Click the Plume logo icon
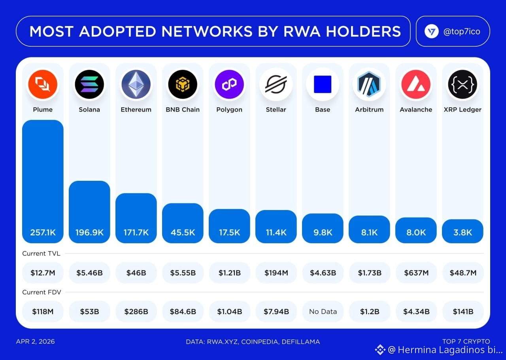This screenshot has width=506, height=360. pyautogui.click(x=43, y=84)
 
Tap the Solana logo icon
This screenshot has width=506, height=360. pyautogui.click(x=89, y=84)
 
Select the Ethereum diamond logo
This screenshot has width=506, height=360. pyautogui.click(x=136, y=84)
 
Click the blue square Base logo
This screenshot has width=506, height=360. pyautogui.click(x=323, y=84)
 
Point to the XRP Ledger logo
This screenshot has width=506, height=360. pyautogui.click(x=463, y=84)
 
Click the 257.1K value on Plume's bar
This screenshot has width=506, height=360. pyautogui.click(x=43, y=233)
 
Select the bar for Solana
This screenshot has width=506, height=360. pyautogui.click(x=89, y=212)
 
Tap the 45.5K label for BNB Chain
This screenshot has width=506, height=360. pyautogui.click(x=183, y=233)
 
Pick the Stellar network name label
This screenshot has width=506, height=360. pyautogui.click(x=276, y=110)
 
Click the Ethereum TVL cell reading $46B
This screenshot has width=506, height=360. pyautogui.click(x=136, y=273)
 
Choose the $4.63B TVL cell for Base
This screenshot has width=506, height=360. pyautogui.click(x=323, y=273)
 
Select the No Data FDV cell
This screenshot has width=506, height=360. pyautogui.click(x=323, y=312)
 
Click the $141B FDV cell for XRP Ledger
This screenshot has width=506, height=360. pyautogui.click(x=463, y=312)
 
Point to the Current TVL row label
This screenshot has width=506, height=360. pyautogui.click(x=41, y=254)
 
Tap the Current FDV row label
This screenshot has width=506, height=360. pyautogui.click(x=42, y=292)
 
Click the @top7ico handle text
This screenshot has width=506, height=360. pyautogui.click(x=462, y=32)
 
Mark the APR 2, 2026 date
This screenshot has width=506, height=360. pyautogui.click(x=35, y=341)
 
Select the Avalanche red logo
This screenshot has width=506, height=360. pyautogui.click(x=416, y=84)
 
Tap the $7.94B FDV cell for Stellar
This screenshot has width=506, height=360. pyautogui.click(x=276, y=312)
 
